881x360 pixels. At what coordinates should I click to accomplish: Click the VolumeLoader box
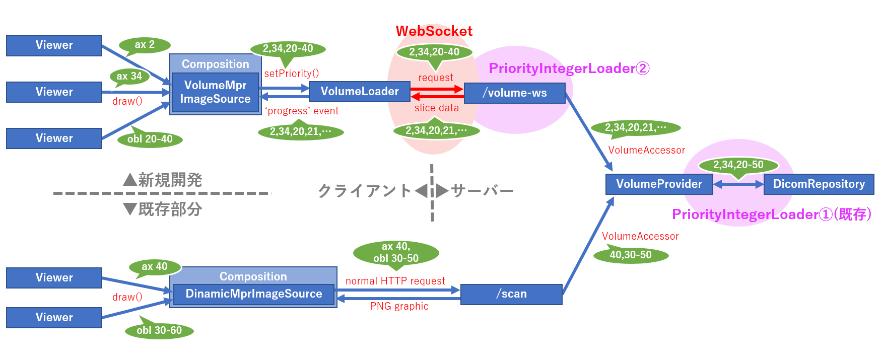359,92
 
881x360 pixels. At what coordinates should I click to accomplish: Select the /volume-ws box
514,93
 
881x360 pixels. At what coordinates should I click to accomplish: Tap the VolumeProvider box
659,184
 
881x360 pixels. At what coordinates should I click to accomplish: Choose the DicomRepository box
819,184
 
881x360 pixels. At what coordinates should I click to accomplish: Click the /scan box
511,294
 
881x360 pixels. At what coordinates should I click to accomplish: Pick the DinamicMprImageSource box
253,294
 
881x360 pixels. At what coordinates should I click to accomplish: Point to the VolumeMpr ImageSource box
215,92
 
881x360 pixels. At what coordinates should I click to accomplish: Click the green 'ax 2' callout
145,45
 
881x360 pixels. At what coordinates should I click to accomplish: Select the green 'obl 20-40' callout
150,139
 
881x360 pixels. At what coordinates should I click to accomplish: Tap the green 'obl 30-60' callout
159,330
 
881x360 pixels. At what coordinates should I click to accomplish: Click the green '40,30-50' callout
631,255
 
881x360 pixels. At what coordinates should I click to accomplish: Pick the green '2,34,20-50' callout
738,165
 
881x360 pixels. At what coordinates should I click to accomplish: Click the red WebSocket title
434,31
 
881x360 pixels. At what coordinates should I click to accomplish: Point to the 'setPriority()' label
291,74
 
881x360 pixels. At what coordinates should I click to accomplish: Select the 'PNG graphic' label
399,306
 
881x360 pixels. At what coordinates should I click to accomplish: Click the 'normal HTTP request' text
395,281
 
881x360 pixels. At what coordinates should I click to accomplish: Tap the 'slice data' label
437,108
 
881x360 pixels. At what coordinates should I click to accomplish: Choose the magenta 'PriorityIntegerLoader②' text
569,68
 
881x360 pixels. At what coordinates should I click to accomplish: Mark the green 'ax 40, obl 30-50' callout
396,252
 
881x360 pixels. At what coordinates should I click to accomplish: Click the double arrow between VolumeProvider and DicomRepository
738,185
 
